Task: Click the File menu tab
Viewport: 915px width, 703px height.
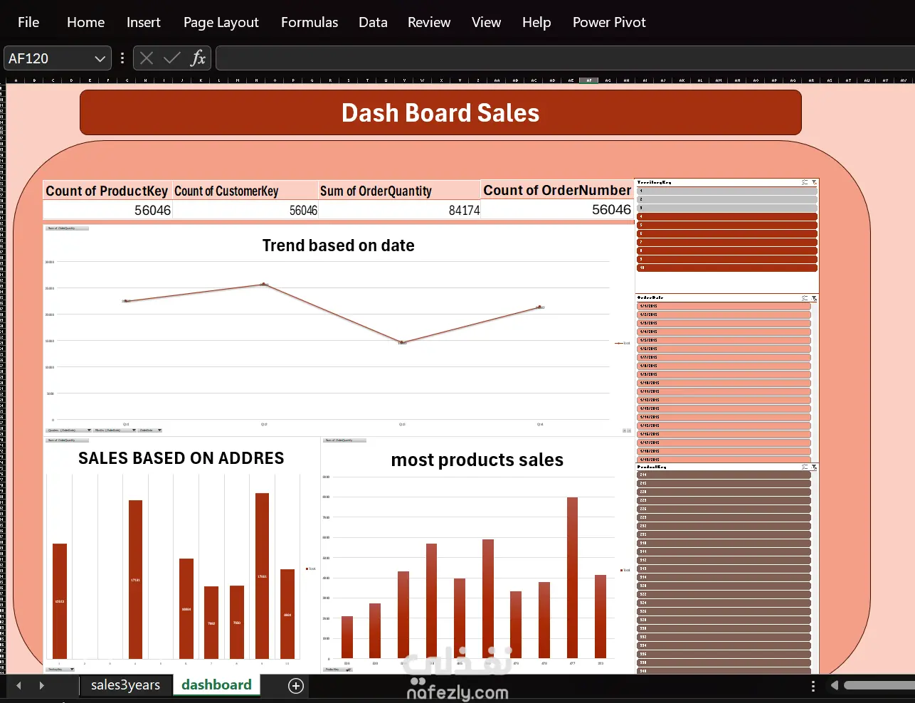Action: (x=28, y=22)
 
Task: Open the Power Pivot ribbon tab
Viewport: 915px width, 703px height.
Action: (x=609, y=22)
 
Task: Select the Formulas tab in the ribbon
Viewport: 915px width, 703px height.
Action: (x=310, y=22)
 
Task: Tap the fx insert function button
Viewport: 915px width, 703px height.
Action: (x=198, y=58)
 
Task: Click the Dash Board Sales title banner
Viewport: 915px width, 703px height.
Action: (x=440, y=112)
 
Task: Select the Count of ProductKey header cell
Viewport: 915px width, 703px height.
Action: (x=107, y=191)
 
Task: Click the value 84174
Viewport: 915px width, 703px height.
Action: (x=464, y=210)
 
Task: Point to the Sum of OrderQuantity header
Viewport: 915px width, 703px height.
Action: (x=376, y=191)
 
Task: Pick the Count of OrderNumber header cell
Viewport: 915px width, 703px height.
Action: (x=557, y=190)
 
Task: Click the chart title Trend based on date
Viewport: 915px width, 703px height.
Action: (x=338, y=245)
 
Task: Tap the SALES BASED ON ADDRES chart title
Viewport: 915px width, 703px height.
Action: (x=181, y=458)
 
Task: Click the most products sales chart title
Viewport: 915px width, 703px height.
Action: (x=477, y=460)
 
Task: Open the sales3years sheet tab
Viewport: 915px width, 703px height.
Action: (x=125, y=684)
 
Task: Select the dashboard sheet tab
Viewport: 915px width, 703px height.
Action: (x=216, y=684)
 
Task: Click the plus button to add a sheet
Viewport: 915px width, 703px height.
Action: (x=296, y=685)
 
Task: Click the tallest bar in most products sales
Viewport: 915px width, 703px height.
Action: (x=572, y=576)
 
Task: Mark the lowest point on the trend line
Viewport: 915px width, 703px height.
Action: (x=402, y=342)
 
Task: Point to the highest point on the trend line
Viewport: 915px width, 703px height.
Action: (x=264, y=284)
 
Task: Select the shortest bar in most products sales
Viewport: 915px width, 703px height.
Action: (x=347, y=637)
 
